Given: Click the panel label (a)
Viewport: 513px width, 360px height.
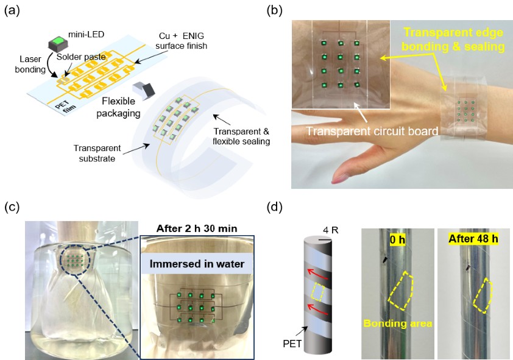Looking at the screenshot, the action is (x=12, y=11).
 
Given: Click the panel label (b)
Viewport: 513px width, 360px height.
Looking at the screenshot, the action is (x=275, y=11).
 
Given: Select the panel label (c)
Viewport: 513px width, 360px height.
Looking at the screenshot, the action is (x=12, y=207).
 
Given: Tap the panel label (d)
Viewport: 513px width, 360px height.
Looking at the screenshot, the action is (x=275, y=207).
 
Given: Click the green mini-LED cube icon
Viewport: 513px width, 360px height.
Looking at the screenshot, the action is (x=58, y=41).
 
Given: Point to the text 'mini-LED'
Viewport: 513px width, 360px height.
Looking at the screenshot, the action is (x=86, y=34).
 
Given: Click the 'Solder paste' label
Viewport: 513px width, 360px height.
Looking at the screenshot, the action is (x=81, y=57).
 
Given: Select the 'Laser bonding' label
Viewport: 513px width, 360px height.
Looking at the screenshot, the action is (x=30, y=64).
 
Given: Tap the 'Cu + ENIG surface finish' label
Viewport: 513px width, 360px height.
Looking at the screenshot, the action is (x=181, y=41).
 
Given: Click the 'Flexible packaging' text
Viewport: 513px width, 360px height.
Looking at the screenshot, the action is (x=118, y=107).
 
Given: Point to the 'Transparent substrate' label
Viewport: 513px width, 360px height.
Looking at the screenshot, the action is (x=97, y=154).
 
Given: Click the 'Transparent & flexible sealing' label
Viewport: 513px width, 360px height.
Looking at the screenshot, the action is (x=241, y=136).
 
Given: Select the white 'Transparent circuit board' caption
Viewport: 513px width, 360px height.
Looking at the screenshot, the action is (x=372, y=131).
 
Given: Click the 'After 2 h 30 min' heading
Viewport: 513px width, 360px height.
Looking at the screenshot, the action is (x=197, y=228).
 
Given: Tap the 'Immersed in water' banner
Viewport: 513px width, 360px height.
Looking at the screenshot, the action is (x=197, y=264).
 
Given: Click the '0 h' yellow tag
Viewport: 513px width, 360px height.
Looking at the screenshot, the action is (x=397, y=239).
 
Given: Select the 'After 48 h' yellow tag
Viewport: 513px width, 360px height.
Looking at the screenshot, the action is (x=473, y=239).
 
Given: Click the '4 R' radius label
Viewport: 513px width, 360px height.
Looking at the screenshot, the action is (x=330, y=230).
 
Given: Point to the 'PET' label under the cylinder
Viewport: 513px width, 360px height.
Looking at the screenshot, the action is (x=292, y=344).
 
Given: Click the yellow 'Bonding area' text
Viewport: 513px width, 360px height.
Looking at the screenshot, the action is (x=398, y=323).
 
